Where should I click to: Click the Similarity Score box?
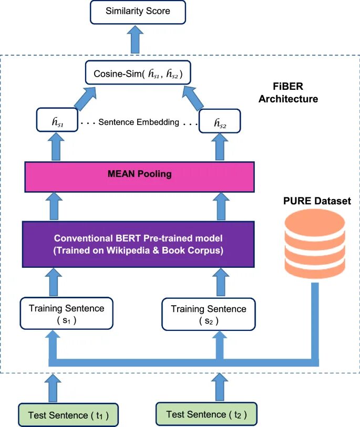pyautogui.click(x=138, y=11)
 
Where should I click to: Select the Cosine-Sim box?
pyautogui.click(x=138, y=74)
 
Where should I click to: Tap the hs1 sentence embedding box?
pyautogui.click(x=57, y=122)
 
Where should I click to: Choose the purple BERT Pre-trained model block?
pyautogui.click(x=138, y=244)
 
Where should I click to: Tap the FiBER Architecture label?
pyautogui.click(x=289, y=92)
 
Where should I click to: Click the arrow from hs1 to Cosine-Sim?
pyautogui.click(x=89, y=98)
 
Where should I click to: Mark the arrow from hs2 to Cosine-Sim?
pyautogui.click(x=188, y=98)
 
